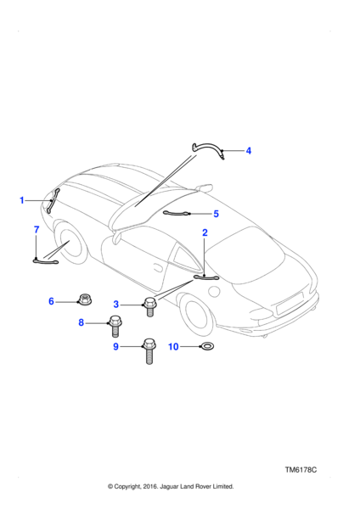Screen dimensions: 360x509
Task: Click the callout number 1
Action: coord(22,200)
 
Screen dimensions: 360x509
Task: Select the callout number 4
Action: coord(249,151)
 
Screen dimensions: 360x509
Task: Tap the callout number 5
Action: coord(216,214)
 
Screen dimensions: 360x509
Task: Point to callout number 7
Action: coord(37,230)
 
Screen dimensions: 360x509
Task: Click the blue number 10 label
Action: coord(173,347)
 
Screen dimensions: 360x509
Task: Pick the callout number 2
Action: coord(205,232)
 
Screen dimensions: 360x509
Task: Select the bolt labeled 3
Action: coord(149,307)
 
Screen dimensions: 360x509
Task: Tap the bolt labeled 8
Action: coord(115,326)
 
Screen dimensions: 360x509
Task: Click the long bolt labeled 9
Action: coord(149,351)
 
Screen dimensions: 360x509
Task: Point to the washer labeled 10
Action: coord(207,346)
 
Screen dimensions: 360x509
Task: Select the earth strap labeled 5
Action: coord(176,213)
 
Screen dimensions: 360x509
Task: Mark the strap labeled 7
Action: coord(46,260)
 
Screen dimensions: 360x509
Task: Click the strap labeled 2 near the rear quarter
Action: coord(206,277)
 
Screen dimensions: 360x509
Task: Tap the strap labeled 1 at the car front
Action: coord(53,200)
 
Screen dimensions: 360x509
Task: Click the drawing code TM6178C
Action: coord(301,470)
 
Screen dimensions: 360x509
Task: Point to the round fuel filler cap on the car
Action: coord(214,291)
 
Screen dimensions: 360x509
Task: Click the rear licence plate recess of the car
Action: coord(290,304)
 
